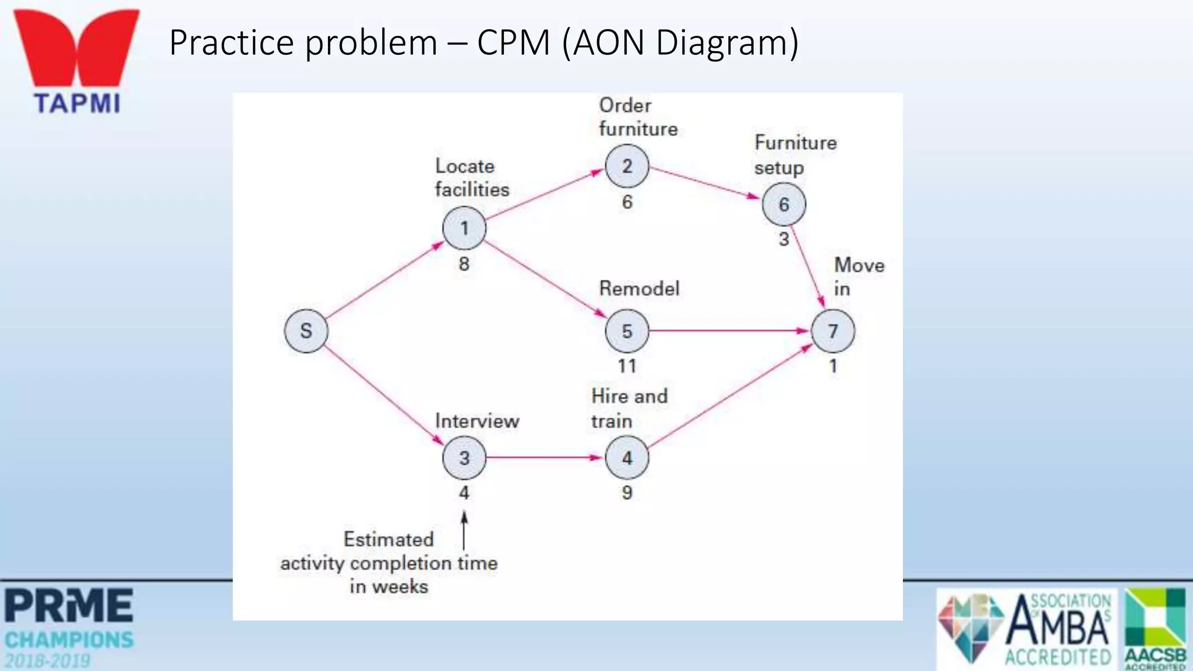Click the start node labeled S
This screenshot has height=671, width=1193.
[306, 331]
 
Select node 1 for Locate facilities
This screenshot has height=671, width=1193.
[464, 228]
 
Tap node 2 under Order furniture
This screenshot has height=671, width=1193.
[627, 166]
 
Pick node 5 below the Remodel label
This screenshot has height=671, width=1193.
[627, 331]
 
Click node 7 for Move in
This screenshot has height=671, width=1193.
[833, 331]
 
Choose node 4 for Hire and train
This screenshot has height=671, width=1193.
[627, 458]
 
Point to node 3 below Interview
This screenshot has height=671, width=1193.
[464, 458]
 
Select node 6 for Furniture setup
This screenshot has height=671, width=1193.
[784, 204]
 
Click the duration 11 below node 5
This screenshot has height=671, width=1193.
[627, 366]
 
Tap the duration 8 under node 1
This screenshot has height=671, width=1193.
[464, 264]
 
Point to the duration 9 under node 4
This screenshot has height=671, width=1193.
[627, 493]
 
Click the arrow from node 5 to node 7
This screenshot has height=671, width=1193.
[728, 331]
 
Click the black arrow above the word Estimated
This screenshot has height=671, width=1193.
[464, 530]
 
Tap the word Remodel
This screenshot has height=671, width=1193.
[639, 289]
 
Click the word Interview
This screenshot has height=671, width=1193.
[477, 421]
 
